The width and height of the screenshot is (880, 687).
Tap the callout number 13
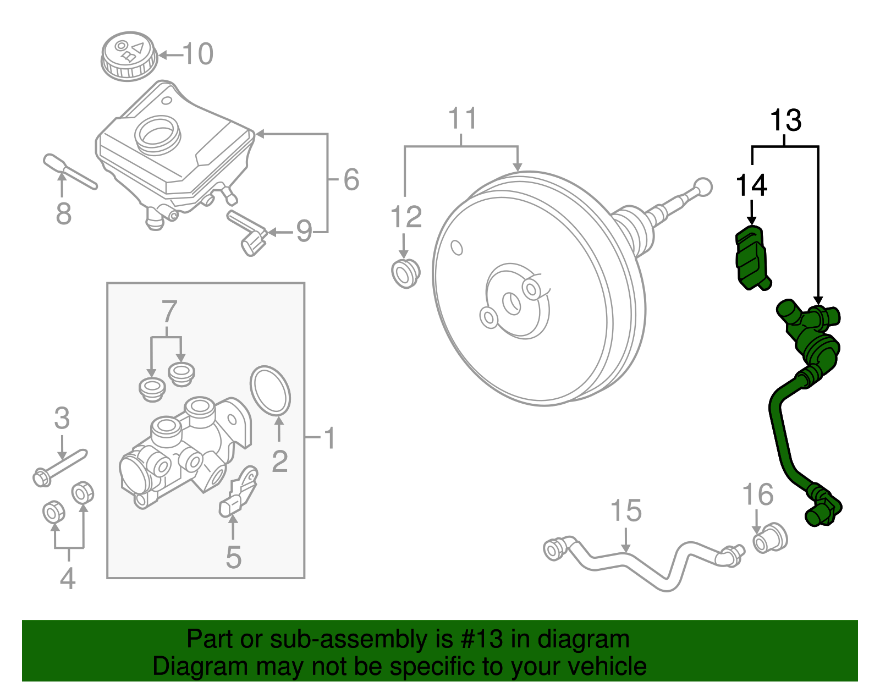coord(785,120)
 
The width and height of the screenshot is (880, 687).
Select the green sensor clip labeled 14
coord(751,257)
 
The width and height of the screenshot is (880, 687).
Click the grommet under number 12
coord(405,273)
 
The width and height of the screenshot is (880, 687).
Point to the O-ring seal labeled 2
coord(270,390)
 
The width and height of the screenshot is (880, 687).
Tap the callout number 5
coord(234,558)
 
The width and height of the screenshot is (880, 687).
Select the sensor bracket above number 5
coord(240,491)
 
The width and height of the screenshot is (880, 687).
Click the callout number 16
coord(758,495)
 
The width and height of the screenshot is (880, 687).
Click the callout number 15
coord(626,511)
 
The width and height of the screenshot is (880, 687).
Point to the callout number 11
coord(462,119)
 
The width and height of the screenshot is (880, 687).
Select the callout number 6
coord(351,179)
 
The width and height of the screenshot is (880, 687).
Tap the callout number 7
coord(168,312)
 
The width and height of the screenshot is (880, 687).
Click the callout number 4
coord(67,579)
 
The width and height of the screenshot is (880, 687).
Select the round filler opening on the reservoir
coord(157,133)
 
